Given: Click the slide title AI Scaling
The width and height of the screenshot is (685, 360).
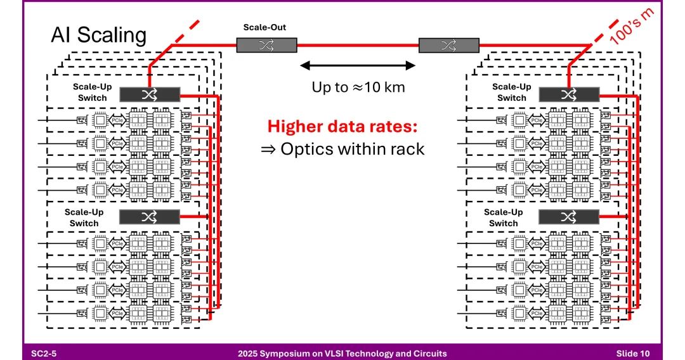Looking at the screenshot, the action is click(98, 35).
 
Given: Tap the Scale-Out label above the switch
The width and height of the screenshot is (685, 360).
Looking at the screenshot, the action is click(266, 28).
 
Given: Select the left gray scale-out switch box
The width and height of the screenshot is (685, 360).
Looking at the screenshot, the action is click(266, 45).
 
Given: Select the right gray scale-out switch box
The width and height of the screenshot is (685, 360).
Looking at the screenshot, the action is click(448, 45).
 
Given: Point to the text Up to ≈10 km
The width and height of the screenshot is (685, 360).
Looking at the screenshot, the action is click(358, 87).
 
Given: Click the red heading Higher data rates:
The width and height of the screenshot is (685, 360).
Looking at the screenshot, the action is click(342, 127).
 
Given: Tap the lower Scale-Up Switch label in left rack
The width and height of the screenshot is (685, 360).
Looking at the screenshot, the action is click(84, 217).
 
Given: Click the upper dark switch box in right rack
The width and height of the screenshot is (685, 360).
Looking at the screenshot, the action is click(569, 94).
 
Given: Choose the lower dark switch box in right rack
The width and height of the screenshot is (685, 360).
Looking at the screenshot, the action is click(569, 216).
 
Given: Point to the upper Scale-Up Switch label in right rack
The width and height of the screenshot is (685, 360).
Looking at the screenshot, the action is click(511, 92).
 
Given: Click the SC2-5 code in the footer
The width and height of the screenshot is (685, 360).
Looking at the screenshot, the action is click(44, 353).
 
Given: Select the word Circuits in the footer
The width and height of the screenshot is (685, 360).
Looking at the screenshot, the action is click(427, 353).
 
